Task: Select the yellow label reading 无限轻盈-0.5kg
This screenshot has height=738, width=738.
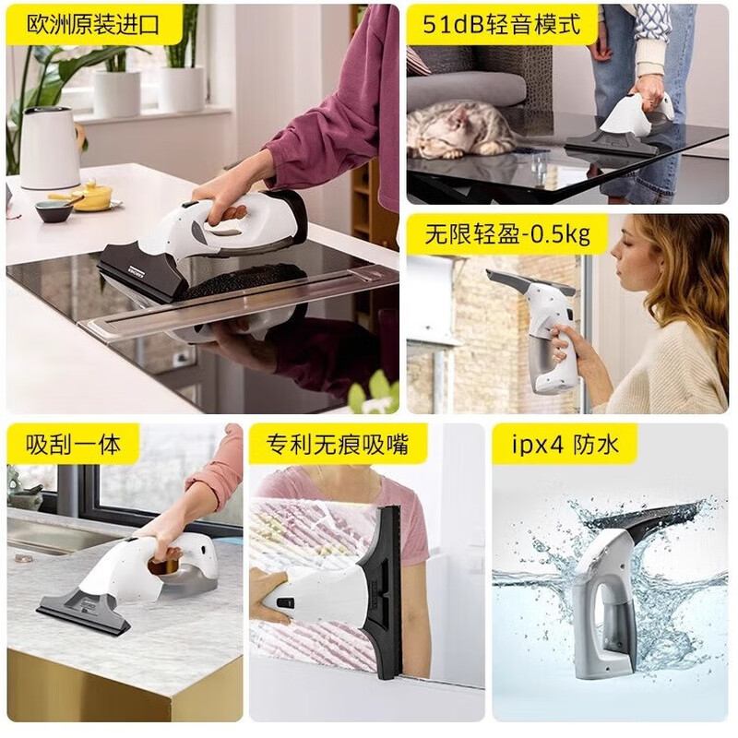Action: [x=506, y=234]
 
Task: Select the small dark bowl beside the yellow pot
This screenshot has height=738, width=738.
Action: [x=54, y=210]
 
